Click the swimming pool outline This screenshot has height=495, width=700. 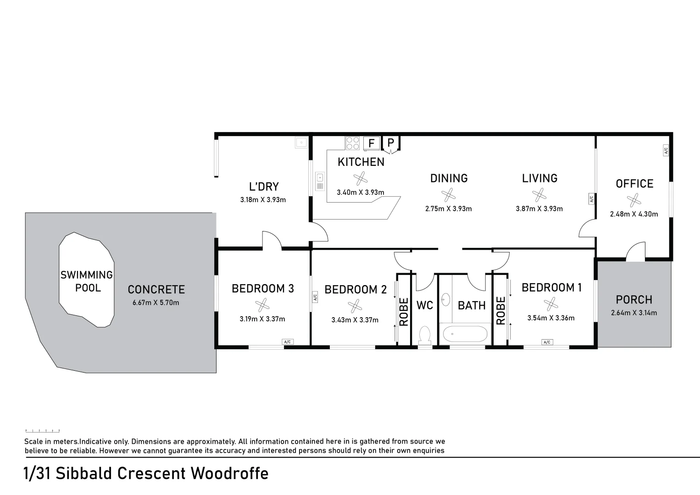coord(86,280)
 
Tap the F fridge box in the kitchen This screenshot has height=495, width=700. coord(371,143)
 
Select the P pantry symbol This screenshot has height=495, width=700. coord(390,143)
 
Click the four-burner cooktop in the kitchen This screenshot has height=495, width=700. coord(352,143)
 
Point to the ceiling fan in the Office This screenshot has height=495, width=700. coord(634,200)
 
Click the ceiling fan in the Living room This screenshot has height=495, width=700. coord(539,195)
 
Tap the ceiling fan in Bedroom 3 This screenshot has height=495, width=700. coord(262,305)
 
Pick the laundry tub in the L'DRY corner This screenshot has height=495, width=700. coord(301,143)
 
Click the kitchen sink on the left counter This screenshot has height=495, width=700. coord(320,181)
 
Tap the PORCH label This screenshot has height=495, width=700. coord(634,300)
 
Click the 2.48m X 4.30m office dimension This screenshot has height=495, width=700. coord(634,214)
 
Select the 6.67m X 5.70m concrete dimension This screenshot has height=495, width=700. coord(156,302)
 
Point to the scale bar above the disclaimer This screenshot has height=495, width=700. coord(42,431)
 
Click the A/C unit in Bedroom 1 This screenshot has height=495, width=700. coord(546,342)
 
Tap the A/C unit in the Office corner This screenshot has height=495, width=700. coord(666,150)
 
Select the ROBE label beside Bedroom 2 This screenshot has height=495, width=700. coord(404,312)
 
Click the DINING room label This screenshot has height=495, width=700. coord(449,178)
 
